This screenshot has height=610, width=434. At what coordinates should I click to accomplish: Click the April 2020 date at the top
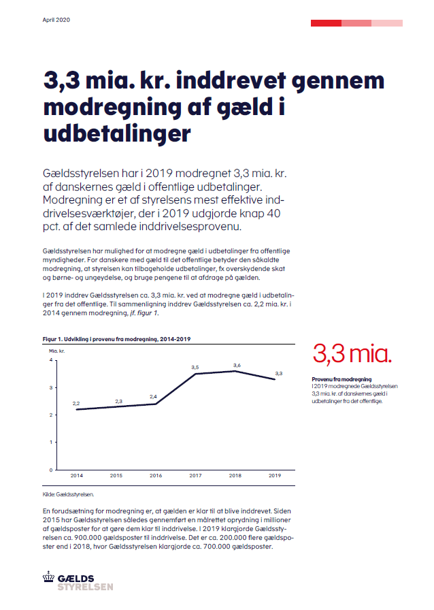pos(56,20)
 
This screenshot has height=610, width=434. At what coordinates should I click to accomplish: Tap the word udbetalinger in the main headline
pos(117,133)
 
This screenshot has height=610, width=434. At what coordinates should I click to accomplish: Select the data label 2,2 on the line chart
pos(76,404)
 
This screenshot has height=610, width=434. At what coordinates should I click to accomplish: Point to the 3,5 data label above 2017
pos(195,367)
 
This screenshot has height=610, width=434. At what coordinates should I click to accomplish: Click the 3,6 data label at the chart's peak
pos(237,366)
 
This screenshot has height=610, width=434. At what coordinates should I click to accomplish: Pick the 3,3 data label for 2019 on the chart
pos(278,374)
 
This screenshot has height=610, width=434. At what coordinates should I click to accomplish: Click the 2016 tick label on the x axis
pos(156,475)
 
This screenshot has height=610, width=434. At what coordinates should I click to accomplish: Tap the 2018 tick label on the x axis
pos(235,475)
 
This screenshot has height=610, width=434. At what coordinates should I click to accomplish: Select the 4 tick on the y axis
pos(51,360)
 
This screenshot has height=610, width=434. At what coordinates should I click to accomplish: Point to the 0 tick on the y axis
pos(51,470)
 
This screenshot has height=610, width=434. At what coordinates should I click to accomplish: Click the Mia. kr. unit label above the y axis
pos(56,351)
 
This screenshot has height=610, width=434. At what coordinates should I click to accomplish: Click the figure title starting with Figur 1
pos(117,339)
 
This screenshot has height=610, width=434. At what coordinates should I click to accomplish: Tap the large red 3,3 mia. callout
pos(352,354)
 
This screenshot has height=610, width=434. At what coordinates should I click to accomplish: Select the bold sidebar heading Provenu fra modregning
pos(341,379)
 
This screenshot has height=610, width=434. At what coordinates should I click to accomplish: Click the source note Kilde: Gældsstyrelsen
pos(68,494)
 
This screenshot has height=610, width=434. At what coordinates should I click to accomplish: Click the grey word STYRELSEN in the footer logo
pos(86,587)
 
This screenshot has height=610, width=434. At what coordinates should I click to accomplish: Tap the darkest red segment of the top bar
pos(327,23)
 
